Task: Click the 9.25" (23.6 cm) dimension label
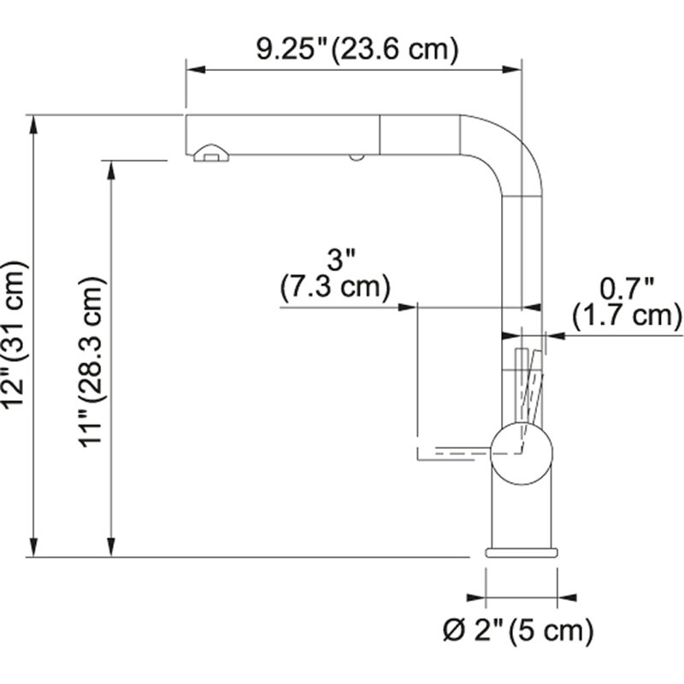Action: tap(357, 49)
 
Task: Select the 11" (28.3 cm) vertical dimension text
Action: tap(92, 362)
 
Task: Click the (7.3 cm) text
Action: tap(335, 288)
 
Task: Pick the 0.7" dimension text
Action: tap(627, 288)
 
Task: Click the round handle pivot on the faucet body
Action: tap(522, 454)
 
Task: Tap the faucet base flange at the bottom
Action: tap(522, 552)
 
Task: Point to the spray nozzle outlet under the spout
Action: tap(210, 153)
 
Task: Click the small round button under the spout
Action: tap(357, 157)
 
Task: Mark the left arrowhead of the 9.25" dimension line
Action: tap(196, 69)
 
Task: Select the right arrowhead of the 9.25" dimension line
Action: tap(511, 69)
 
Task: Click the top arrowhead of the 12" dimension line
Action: tap(33, 125)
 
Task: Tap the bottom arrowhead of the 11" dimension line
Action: tap(112, 547)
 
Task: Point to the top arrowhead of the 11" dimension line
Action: tap(112, 170)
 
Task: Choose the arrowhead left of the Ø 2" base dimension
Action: tap(476, 598)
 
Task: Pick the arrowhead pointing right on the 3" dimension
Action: tap(408, 307)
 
